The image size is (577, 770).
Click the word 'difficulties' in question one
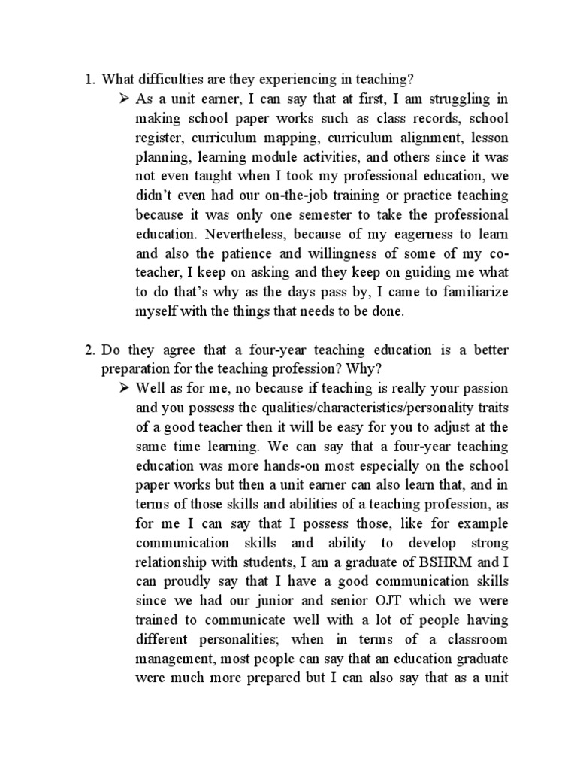[x=170, y=79]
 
